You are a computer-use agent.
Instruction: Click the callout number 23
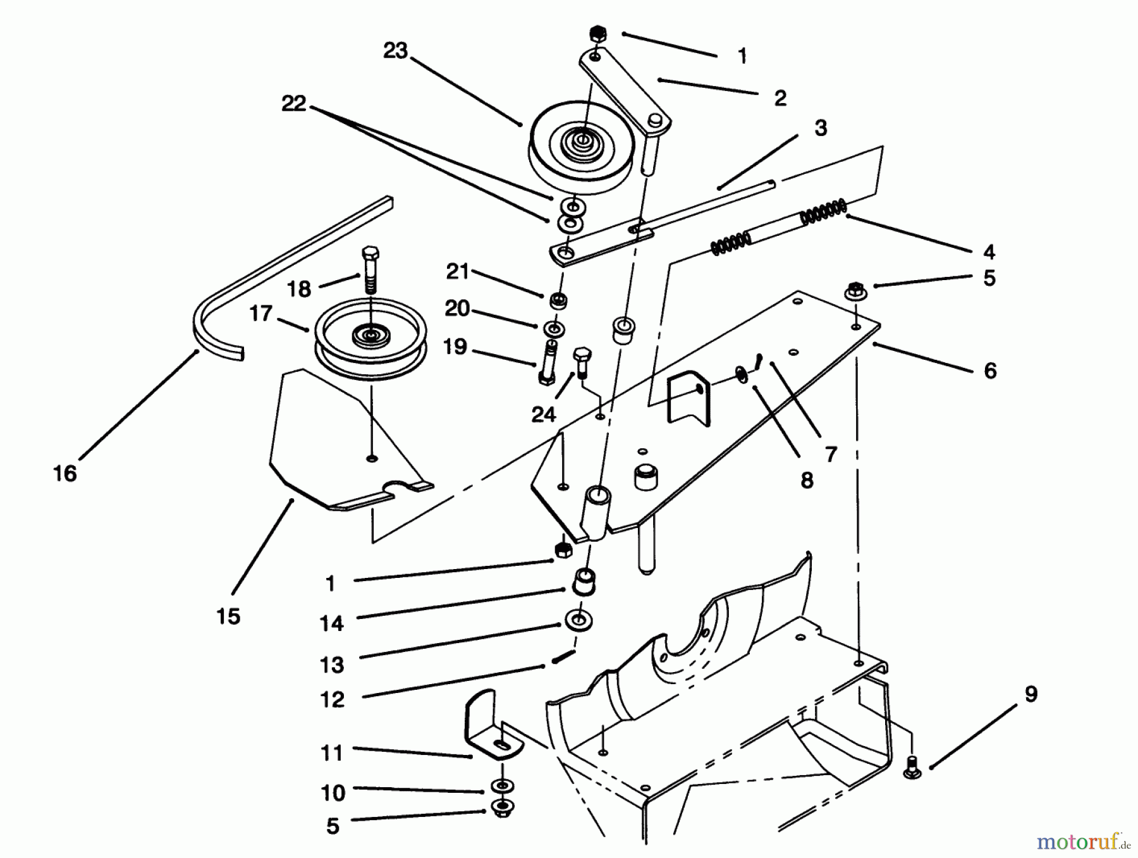(x=395, y=51)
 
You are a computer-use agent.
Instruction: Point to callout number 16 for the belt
(x=65, y=473)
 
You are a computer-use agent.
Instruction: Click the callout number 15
(x=228, y=616)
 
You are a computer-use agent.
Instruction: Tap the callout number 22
(x=294, y=103)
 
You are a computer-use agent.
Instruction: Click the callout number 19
(x=455, y=346)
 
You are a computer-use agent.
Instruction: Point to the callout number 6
(x=990, y=371)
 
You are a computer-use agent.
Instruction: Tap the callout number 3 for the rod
(x=821, y=128)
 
